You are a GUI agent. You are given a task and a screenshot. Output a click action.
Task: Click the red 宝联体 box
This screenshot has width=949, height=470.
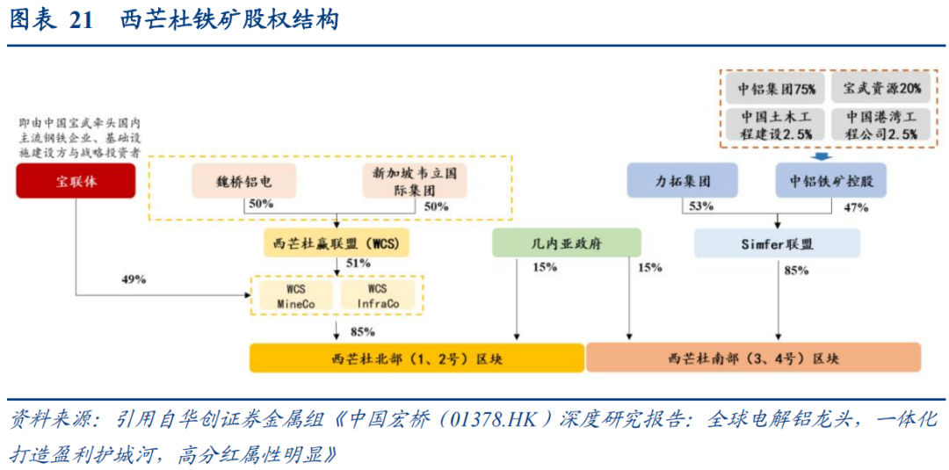point(75,182)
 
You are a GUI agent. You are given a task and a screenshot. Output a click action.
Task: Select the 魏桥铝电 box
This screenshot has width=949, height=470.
point(244,182)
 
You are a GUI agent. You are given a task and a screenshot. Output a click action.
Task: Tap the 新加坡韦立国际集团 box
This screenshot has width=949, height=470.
point(415,182)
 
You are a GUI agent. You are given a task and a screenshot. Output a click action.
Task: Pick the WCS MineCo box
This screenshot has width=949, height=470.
point(294,296)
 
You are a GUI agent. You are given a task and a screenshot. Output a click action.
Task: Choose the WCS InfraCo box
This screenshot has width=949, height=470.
point(378,296)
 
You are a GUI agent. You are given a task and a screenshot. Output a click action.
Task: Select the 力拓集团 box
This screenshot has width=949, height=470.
point(682,182)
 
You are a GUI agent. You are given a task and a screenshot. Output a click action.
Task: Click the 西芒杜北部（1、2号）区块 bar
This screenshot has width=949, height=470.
point(417,358)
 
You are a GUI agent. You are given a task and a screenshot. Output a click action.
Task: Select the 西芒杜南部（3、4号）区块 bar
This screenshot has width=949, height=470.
point(753,358)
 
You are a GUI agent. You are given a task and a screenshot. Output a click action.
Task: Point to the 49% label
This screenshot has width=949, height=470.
point(134,279)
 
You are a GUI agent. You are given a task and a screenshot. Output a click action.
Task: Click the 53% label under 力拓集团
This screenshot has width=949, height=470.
point(701,206)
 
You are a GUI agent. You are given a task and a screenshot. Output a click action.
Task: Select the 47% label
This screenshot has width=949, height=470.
point(855,207)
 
